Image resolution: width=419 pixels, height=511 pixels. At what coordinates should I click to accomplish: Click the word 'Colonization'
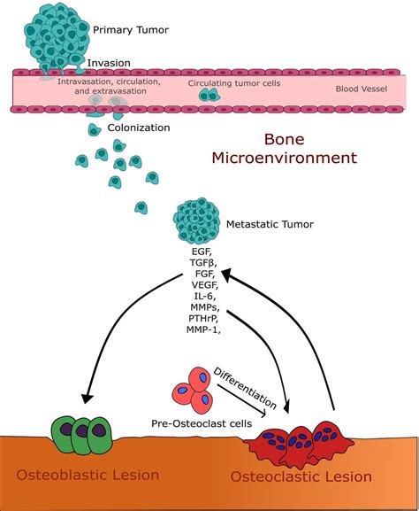(138, 128)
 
